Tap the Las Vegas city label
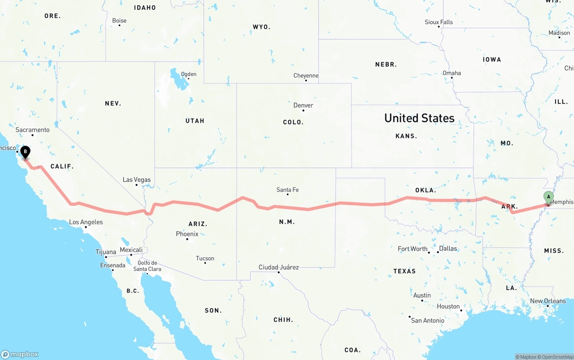(137, 180)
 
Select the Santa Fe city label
(287, 190)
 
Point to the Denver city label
(303, 105)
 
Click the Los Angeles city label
(86, 222)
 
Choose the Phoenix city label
(187, 234)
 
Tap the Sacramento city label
(32, 130)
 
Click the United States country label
(419, 118)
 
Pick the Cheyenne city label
(306, 76)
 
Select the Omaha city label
(452, 73)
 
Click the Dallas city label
(448, 248)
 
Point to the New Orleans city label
(548, 301)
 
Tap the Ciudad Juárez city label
(278, 267)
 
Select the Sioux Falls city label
(439, 22)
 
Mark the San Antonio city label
(428, 320)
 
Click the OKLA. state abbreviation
(426, 190)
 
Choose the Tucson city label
(205, 258)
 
